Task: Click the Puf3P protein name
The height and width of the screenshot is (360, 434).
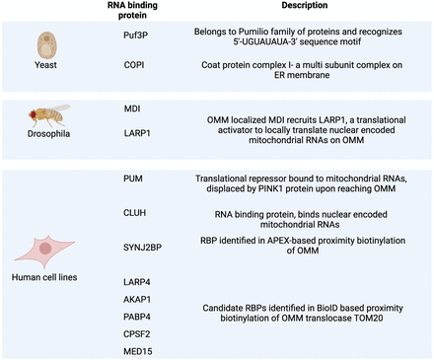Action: point(135,36)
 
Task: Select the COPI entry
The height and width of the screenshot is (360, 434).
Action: point(134,65)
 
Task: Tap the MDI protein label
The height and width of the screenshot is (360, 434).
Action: point(132,108)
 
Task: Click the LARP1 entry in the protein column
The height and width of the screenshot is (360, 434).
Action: point(137,133)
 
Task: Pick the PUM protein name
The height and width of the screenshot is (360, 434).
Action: point(133,179)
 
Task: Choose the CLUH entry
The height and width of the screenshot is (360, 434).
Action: point(134,213)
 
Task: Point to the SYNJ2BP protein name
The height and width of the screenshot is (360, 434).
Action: point(142,248)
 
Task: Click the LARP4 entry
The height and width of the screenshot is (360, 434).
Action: point(137,282)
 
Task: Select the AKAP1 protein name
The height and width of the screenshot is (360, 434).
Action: point(137,300)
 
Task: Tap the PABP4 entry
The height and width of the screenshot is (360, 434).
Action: point(137,317)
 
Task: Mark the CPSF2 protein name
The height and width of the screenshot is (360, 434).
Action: point(137,334)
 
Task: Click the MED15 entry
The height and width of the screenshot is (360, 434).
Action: point(138,351)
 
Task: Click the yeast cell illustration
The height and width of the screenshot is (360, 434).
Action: point(46,45)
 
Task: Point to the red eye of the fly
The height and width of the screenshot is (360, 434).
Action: point(34,114)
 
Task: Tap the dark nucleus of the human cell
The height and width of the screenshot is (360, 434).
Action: point(45,249)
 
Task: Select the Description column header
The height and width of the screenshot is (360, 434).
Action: point(305,5)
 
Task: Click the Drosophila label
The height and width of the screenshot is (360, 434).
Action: point(48,134)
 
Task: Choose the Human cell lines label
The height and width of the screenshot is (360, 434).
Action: point(44,277)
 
